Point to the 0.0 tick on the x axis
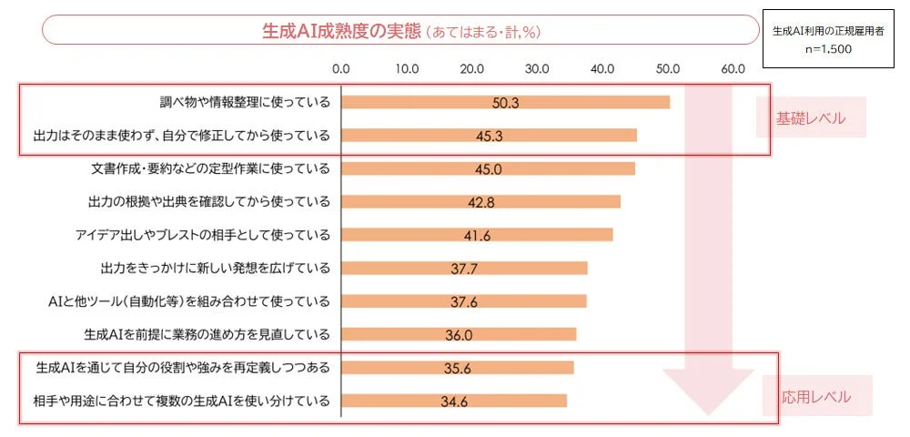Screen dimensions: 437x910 tap(341, 68)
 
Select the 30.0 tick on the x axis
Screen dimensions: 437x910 tap(537, 68)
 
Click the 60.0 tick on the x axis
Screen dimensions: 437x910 tap(733, 68)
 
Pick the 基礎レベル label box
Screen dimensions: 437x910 tap(810, 118)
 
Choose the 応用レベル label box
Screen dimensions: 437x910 tap(816, 397)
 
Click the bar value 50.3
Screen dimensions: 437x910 tap(505, 103)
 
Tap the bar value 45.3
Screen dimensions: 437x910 tap(489, 136)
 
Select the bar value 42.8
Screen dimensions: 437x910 tap(480, 202)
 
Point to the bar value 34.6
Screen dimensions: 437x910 tap(453, 401)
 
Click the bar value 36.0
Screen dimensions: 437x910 tap(459, 335)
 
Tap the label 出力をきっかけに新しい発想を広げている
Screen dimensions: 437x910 tap(215, 268)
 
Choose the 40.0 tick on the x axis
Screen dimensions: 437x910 tap(602, 68)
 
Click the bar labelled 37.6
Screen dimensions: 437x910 tap(463, 301)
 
